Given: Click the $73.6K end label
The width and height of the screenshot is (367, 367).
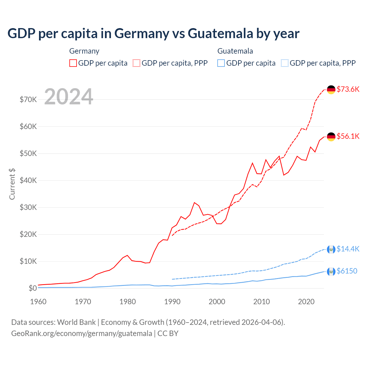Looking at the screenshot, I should pos(348,89).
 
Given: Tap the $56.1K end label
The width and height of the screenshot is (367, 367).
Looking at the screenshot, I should pos(348,136).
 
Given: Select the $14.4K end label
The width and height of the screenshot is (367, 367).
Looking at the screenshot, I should pos(348,249).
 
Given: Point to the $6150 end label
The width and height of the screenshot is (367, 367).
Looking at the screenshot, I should pos(347,271).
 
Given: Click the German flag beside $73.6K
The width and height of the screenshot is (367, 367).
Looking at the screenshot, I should pos(331,89).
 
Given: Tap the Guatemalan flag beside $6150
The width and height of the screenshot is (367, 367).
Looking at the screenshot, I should pos(331,271).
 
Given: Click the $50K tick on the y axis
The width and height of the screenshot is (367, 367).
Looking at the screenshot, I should pos(28,153).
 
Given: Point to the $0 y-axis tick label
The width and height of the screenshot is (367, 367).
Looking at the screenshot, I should pos(33,288).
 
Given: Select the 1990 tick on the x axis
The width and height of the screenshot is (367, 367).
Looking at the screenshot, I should pos(172,302).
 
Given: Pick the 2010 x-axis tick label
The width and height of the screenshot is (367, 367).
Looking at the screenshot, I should pos(261,302).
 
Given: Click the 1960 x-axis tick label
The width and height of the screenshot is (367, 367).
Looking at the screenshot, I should pos(38,302).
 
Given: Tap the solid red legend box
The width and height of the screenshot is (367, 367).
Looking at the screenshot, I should pos(73,63).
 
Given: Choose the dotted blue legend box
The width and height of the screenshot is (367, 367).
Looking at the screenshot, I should pos(285,63).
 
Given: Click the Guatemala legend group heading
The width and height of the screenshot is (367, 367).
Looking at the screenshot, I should pos(235,51).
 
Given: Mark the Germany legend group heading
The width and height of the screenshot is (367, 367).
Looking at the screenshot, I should pos(84,51).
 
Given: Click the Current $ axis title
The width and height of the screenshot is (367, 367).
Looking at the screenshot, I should pos(12,184).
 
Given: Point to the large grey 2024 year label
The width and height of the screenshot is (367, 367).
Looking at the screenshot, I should pos(69,97).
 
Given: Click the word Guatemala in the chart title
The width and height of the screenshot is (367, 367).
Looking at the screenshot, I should pos(220,34).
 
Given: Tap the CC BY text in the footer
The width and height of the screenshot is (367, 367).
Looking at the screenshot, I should pos(168,333).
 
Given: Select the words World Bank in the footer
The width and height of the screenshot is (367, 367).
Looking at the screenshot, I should pos(76,322).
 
